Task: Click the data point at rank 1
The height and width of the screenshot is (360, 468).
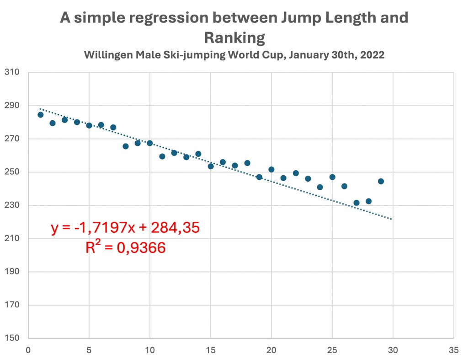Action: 41,114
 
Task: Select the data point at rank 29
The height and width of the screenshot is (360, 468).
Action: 381,181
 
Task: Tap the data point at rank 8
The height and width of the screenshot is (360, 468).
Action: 126,146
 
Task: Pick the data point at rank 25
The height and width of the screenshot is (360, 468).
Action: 332,177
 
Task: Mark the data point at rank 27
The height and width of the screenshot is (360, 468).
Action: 356,203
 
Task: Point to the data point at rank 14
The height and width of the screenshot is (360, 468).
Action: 198,154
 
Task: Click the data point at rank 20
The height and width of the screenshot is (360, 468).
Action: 271,169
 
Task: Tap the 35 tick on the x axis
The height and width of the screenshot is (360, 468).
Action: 453,350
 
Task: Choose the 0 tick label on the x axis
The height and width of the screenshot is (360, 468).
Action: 28,350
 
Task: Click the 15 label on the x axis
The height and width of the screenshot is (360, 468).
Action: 210,350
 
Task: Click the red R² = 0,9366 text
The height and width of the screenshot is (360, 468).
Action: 125,247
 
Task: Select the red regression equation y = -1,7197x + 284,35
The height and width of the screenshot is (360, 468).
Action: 125,228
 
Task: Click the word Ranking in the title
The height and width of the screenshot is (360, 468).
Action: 234,38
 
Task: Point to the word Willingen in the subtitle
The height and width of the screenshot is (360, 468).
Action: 106,55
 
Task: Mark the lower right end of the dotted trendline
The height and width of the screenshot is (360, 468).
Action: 392,219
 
